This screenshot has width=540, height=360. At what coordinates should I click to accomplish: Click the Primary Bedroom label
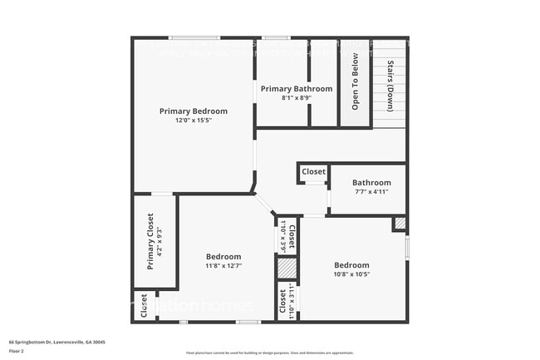click(194, 111)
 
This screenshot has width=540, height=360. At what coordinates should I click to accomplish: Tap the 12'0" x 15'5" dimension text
click(194, 121)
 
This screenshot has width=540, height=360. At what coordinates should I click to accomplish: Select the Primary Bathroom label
click(297, 89)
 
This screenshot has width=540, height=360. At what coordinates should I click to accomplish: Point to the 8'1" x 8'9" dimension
click(297, 98)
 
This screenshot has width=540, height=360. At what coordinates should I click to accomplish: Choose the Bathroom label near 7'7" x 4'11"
click(371, 183)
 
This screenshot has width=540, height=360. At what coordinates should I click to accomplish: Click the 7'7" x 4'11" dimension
click(371, 192)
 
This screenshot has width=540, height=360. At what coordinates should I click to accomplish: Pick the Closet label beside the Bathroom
click(314, 172)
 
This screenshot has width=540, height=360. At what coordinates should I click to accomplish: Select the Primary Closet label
click(150, 242)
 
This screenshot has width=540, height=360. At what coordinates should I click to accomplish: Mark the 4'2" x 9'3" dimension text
click(160, 242)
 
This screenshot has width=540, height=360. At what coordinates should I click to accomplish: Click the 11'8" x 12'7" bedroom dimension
click(224, 266)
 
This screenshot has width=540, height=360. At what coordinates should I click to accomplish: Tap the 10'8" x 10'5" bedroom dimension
click(351, 274)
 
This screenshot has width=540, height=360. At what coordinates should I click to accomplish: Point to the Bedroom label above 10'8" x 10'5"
click(351, 265)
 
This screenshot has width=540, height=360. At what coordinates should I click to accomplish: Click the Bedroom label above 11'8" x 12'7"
click(224, 257)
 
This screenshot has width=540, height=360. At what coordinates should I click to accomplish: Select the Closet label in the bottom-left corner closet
click(145, 307)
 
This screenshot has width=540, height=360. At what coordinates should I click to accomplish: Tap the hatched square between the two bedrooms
click(286, 269)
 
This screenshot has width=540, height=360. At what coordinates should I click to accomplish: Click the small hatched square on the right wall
click(400, 224)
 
